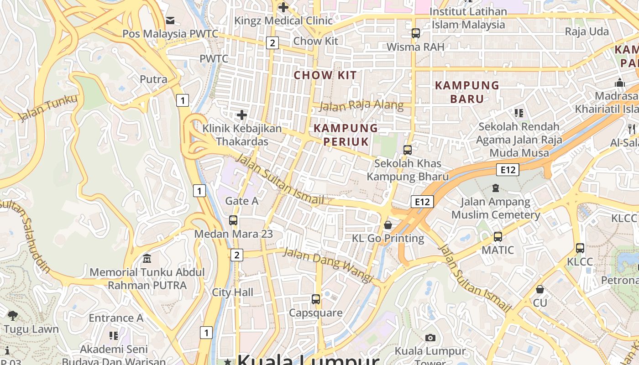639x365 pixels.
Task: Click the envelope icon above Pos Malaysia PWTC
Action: click(170, 20)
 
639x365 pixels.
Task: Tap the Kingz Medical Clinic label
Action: click(280, 21)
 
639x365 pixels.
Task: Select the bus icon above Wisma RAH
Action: click(415, 33)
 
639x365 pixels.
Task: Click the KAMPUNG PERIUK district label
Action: click(346, 135)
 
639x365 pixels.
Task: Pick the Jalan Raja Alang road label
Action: click(361, 106)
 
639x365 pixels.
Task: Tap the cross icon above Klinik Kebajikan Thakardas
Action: click(242, 115)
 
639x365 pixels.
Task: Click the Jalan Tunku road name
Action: click(48, 108)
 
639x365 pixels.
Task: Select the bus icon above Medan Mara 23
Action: click(233, 220)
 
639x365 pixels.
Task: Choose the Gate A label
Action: click(242, 201)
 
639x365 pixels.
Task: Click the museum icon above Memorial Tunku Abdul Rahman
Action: click(147, 259)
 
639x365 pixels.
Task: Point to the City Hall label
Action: click(232, 292)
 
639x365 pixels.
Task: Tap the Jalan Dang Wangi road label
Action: click(328, 265)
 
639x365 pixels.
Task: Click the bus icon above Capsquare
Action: click(315, 299)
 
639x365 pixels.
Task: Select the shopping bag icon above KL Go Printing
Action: click(388, 225)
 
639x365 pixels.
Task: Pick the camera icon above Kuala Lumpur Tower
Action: click(430, 338)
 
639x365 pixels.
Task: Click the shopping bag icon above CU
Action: click(540, 289)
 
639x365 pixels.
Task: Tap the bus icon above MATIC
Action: click(498, 237)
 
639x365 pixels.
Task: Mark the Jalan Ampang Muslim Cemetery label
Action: click(496, 208)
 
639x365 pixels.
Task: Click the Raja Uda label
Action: click(587, 31)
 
